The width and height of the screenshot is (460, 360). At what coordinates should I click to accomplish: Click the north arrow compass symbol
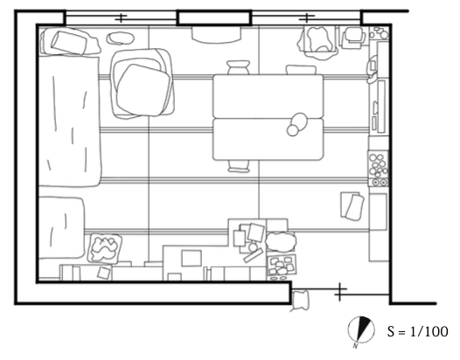coord(361,329)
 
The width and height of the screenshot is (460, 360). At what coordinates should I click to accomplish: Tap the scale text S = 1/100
coord(417,331)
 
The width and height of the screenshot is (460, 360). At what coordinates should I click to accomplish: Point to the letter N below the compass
coord(356,346)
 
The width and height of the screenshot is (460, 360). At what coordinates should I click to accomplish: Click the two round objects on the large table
coord(296,124)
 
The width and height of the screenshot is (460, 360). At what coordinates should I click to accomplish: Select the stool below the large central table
coord(239,166)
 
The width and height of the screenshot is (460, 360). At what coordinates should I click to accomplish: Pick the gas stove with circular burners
coord(378,169)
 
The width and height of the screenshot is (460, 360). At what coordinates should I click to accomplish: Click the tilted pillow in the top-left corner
coord(70,43)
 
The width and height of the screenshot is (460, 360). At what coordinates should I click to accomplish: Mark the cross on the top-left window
coord(121,18)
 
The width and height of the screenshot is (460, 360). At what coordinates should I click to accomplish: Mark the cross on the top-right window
coord(307,17)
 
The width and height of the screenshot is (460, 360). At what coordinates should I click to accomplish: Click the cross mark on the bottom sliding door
coord(339,292)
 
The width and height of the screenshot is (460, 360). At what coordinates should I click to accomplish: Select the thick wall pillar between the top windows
coord(214,18)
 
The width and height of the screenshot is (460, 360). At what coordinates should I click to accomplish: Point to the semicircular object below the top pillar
coord(217,35)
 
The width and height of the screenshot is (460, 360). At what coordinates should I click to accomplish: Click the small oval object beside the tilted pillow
coord(121,38)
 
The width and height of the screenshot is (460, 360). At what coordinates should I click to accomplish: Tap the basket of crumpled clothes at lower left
coord(105,248)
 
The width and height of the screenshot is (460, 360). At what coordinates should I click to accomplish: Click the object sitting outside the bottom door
coord(300,301)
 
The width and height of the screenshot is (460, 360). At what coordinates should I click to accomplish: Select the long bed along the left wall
coord(70,121)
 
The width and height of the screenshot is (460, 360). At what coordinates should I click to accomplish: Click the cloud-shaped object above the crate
coord(281,241)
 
